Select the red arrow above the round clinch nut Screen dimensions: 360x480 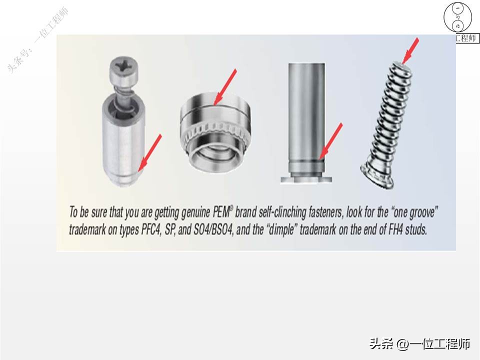[x=224, y=87]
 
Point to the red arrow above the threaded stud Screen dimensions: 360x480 [x=411, y=50]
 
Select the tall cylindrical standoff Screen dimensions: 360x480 [x=305, y=120]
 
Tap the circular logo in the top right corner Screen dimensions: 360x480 [x=458, y=17]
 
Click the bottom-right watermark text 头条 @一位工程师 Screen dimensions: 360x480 [x=419, y=344]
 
